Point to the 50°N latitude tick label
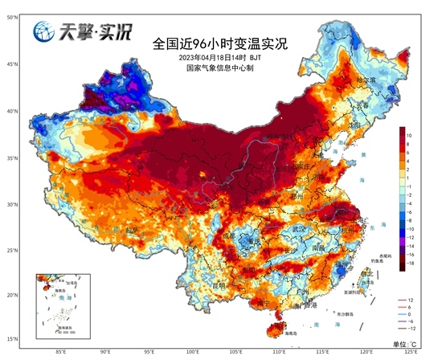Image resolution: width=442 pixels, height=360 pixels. click(x=14, y=17)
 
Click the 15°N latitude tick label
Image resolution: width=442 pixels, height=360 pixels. click(x=14, y=337)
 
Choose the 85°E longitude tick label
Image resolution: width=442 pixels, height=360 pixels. click(x=60, y=350)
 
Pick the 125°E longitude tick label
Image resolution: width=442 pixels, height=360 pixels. click(x=411, y=350)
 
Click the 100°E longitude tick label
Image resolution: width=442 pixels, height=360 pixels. click(x=192, y=350)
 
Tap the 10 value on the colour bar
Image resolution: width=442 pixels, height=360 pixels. click(x=409, y=135)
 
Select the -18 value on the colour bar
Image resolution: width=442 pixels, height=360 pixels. click(x=410, y=263)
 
